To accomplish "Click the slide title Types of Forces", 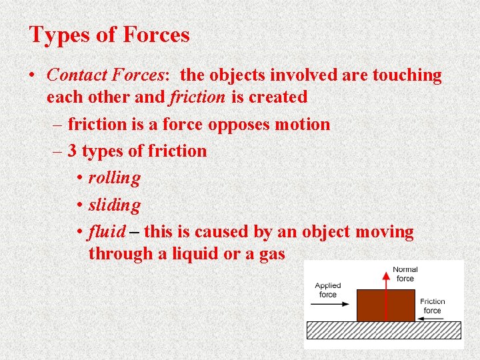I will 109,35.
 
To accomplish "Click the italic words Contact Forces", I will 103,75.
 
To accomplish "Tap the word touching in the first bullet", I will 405,75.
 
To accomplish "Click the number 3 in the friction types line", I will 73,151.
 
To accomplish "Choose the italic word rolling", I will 114,179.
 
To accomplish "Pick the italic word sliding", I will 114,205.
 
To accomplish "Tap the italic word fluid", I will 107,232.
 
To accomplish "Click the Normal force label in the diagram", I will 405,274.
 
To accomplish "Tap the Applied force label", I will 328,290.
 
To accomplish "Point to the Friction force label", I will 432,306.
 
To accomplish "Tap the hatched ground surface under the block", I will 383,330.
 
